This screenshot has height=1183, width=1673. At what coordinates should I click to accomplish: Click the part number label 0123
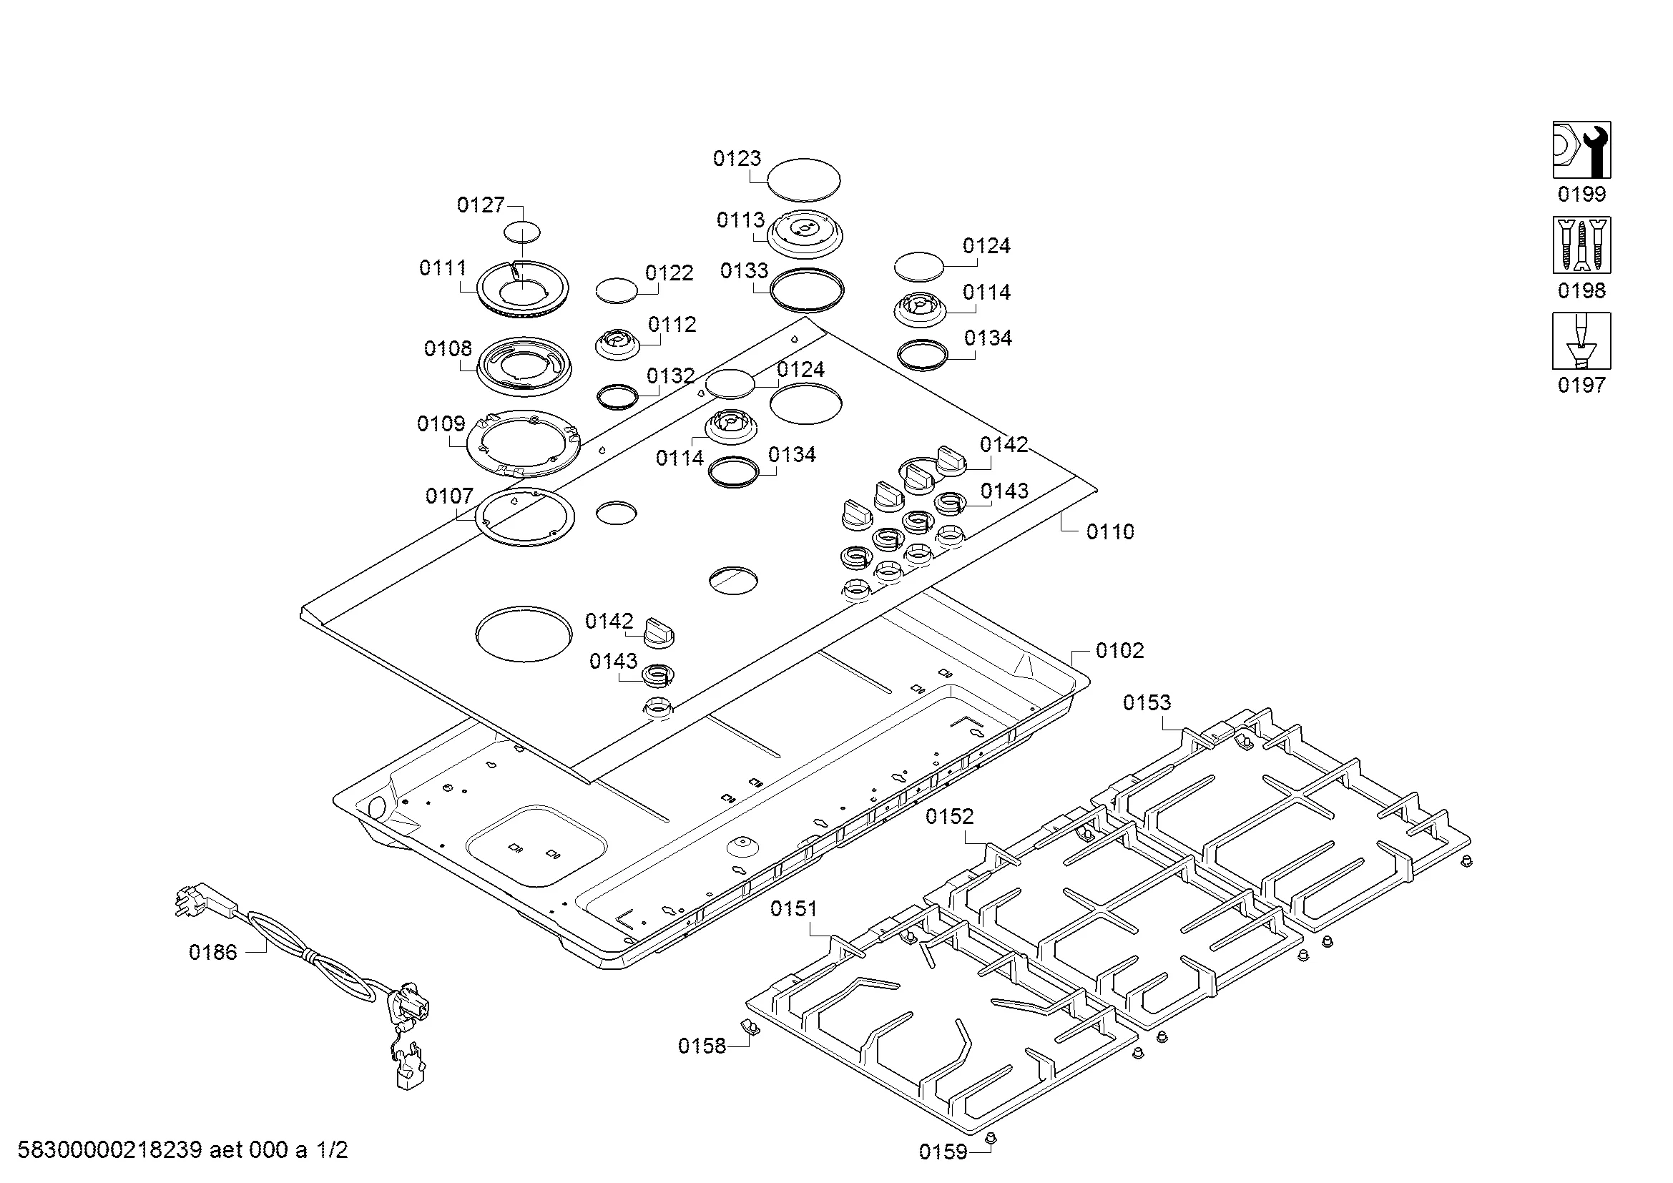click(x=737, y=159)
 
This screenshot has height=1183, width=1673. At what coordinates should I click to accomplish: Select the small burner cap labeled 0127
click(x=522, y=232)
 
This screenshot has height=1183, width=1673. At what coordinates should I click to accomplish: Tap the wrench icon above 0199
click(x=1581, y=149)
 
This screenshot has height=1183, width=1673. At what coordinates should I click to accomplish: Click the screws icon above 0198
click(x=1581, y=245)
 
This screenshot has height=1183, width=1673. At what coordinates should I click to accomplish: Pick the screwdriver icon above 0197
click(x=1581, y=341)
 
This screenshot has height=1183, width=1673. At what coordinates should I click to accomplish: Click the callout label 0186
click(x=212, y=952)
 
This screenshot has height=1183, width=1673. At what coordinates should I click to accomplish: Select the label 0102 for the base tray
click(x=1119, y=650)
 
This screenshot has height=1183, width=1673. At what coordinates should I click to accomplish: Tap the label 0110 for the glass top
click(x=1110, y=531)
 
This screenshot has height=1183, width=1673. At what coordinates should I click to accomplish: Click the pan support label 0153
click(x=1146, y=702)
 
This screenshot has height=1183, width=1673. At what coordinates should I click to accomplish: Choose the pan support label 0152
click(x=949, y=817)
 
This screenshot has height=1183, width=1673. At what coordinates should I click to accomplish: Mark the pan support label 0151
click(x=793, y=908)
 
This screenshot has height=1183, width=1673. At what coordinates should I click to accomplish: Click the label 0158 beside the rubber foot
click(x=702, y=1046)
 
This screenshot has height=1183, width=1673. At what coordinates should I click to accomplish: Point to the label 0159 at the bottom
click(x=942, y=1152)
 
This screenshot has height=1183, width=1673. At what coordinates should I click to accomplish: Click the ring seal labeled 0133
click(x=807, y=289)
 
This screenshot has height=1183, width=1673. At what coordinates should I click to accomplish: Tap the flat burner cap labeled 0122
click(x=617, y=289)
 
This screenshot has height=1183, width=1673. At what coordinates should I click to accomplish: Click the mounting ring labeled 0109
click(x=524, y=443)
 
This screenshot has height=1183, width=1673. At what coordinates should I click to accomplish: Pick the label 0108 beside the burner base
click(x=447, y=349)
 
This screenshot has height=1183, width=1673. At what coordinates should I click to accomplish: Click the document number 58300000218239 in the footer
click(x=109, y=1150)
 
